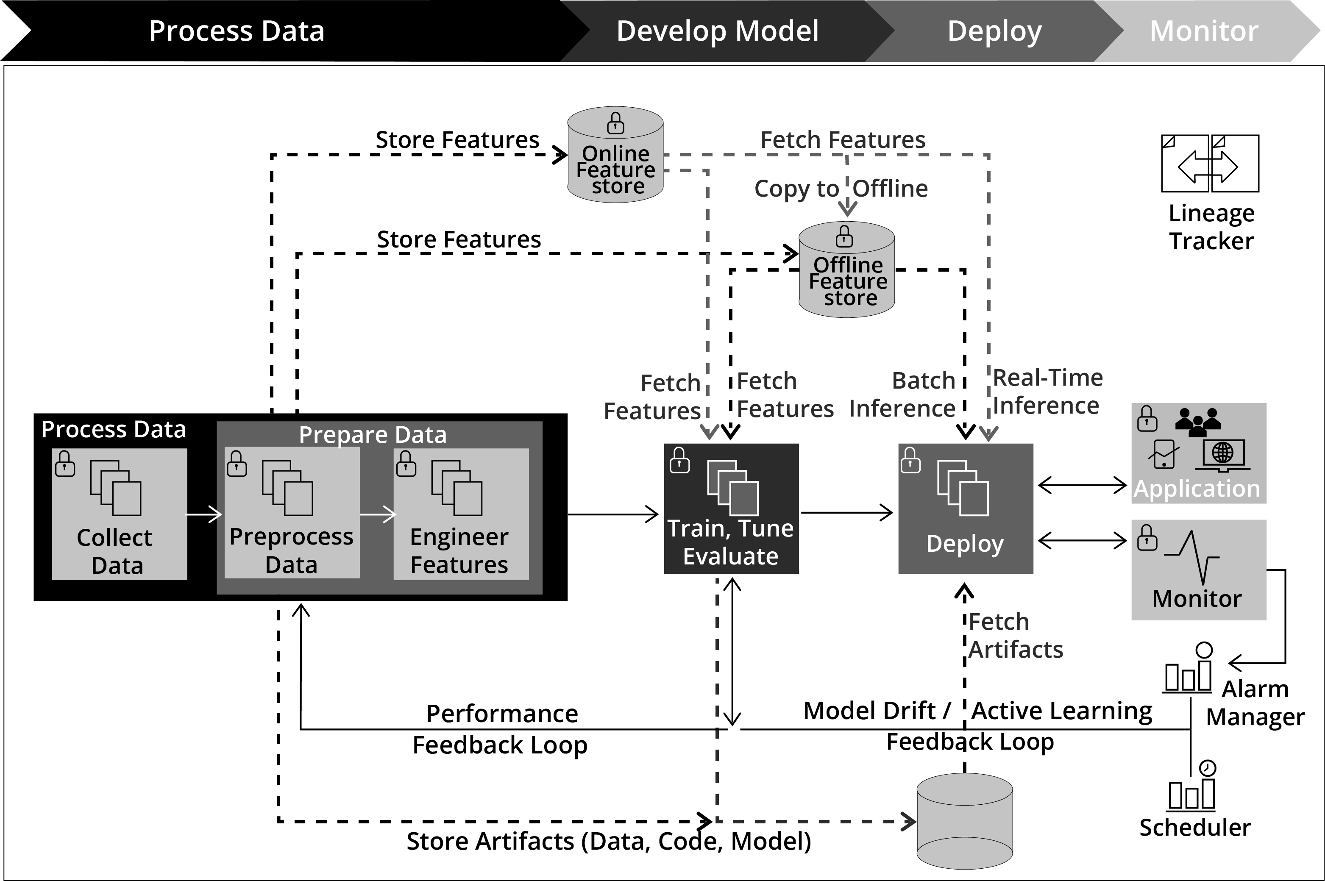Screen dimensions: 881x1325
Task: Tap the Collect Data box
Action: [x=119, y=514]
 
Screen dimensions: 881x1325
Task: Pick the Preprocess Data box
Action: [x=292, y=514]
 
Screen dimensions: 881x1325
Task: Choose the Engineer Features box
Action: [x=461, y=514]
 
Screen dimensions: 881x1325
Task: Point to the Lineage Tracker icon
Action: [x=1209, y=164]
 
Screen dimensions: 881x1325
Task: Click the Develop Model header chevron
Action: [x=718, y=31]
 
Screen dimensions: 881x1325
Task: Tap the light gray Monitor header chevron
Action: [x=1204, y=31]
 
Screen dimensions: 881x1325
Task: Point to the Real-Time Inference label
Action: [x=1047, y=392]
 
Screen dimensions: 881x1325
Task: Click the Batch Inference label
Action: [x=902, y=395]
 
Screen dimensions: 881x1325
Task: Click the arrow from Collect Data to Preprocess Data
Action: [x=204, y=514]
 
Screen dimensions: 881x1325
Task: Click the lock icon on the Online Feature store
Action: [x=615, y=124]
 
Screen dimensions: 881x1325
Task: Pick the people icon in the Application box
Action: [x=1197, y=421]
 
